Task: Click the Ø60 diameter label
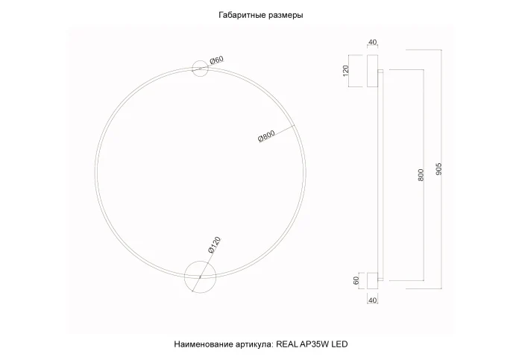[216, 59]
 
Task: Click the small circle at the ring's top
[201, 69]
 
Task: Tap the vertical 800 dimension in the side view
[421, 175]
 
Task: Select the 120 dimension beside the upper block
[345, 72]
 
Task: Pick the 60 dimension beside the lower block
[345, 281]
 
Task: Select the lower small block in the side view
[368, 281]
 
